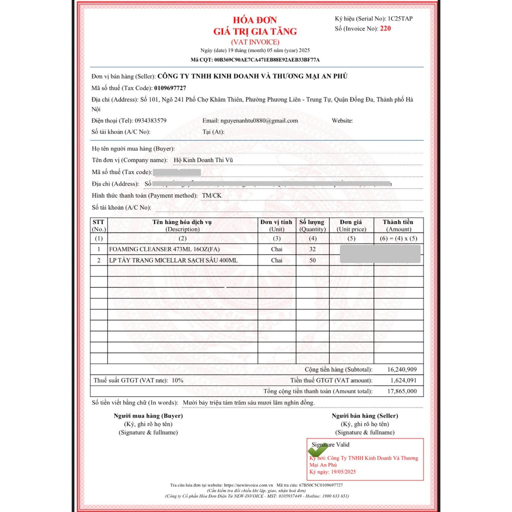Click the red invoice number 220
(x=385, y=28)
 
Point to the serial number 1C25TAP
(x=400, y=18)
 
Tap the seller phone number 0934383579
(x=150, y=120)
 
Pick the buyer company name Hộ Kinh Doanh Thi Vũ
(x=203, y=160)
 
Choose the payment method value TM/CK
(x=211, y=195)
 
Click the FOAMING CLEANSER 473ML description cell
(x=164, y=249)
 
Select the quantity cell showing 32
(x=312, y=249)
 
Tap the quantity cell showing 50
(x=312, y=260)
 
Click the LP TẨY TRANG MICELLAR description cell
(x=173, y=260)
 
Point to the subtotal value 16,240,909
(x=402, y=369)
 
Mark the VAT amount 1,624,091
(x=404, y=380)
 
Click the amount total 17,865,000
(x=402, y=391)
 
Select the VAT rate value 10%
(x=177, y=380)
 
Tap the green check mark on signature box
(x=318, y=449)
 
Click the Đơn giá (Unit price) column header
(x=351, y=225)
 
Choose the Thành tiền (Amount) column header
(x=398, y=225)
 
